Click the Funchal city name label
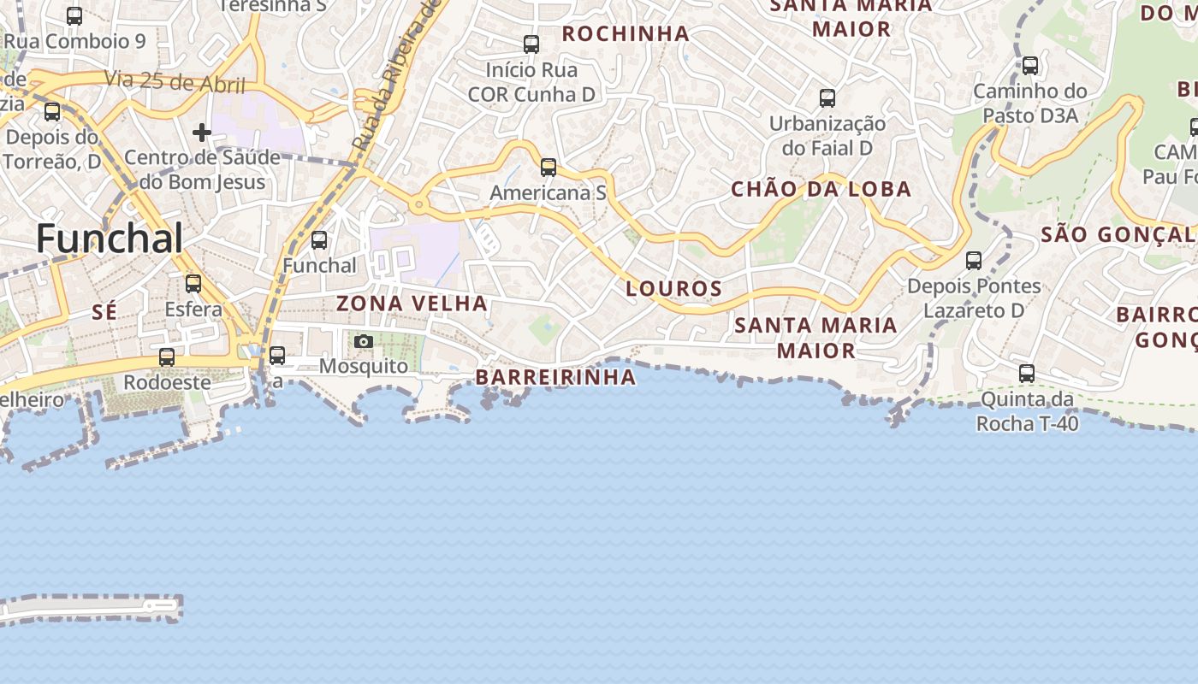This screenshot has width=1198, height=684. (110, 239)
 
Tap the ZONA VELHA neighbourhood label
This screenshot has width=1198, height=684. (412, 304)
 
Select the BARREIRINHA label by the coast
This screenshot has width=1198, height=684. (555, 377)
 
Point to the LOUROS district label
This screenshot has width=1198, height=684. (674, 289)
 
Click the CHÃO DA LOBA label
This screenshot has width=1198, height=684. (821, 189)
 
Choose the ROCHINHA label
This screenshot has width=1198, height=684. (626, 34)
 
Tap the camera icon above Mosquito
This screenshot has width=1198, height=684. (364, 342)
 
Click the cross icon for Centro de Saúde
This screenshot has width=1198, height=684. (202, 133)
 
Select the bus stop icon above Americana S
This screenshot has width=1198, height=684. (549, 168)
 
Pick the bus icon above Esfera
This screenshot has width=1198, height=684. (193, 284)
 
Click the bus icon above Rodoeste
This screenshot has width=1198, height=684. (167, 357)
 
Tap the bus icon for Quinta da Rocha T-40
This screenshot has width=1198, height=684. (1027, 374)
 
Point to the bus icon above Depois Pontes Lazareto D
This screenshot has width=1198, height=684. (974, 261)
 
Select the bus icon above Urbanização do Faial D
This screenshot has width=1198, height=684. (827, 98)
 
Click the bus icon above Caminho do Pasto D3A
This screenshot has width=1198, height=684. (1030, 66)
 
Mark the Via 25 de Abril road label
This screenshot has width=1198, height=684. (175, 82)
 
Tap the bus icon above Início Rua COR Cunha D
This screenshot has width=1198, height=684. (531, 44)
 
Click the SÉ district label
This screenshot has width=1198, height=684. (104, 313)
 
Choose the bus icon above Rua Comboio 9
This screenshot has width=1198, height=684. (74, 16)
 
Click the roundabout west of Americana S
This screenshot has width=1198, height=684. (418, 205)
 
